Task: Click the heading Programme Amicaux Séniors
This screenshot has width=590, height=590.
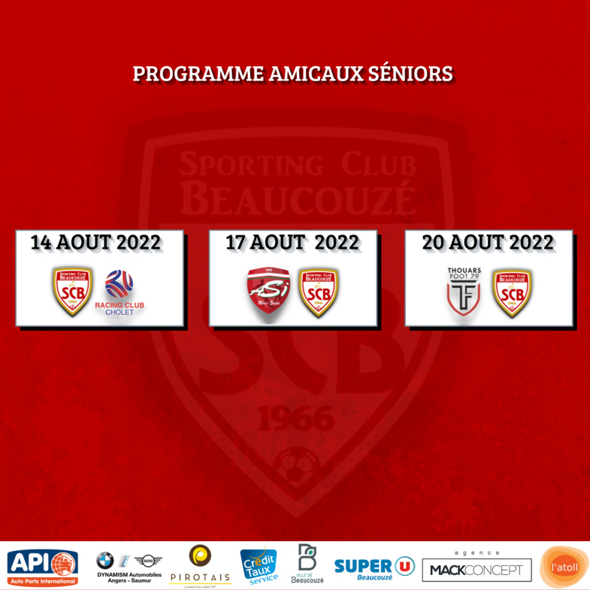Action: pyautogui.click(x=293, y=74)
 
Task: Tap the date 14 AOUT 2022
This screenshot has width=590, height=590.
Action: pyautogui.click(x=95, y=243)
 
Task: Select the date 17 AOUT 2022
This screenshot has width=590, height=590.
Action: pyautogui.click(x=292, y=243)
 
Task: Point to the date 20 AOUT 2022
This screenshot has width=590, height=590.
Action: pyautogui.click(x=488, y=243)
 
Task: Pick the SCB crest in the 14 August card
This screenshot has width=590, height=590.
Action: pyautogui.click(x=73, y=291)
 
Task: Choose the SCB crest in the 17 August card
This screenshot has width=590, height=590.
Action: pyautogui.click(x=319, y=292)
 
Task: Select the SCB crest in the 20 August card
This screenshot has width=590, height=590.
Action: pyautogui.click(x=513, y=292)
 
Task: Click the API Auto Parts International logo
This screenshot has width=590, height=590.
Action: pyautogui.click(x=42, y=567)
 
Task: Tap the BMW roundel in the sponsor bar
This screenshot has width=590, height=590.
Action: pyautogui.click(x=105, y=560)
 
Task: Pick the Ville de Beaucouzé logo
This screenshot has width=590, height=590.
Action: pyautogui.click(x=307, y=564)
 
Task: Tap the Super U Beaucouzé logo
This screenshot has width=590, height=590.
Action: pyautogui.click(x=374, y=568)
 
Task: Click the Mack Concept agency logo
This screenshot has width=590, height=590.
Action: pyautogui.click(x=477, y=568)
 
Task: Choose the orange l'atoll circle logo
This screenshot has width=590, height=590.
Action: pyautogui.click(x=564, y=567)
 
